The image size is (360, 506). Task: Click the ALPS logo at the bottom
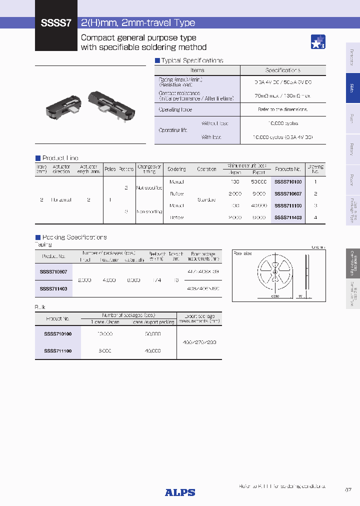pyautogui.click(x=180, y=492)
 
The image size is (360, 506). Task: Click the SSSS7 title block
pyautogui.click(x=56, y=23)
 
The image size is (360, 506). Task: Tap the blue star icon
pyautogui.click(x=318, y=42)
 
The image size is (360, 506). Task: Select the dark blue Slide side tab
pyautogui.click(x=352, y=88)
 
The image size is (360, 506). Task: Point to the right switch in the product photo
pyautogui.click(x=111, y=100)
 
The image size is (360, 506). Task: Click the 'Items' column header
pyautogui.click(x=197, y=70)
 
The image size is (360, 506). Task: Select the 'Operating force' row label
pyautogui.click(x=175, y=109)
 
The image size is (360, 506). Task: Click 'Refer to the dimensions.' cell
pyautogui.click(x=282, y=109)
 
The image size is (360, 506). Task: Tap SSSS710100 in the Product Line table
pyautogui.click(x=288, y=181)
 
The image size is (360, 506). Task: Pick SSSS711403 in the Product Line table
pyautogui.click(x=288, y=217)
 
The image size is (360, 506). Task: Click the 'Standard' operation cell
pyautogui.click(x=206, y=199)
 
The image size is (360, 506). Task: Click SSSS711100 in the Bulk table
pyautogui.click(x=57, y=351)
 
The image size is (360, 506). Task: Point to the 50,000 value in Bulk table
pyautogui.click(x=152, y=333)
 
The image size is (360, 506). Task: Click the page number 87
pyautogui.click(x=348, y=490)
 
